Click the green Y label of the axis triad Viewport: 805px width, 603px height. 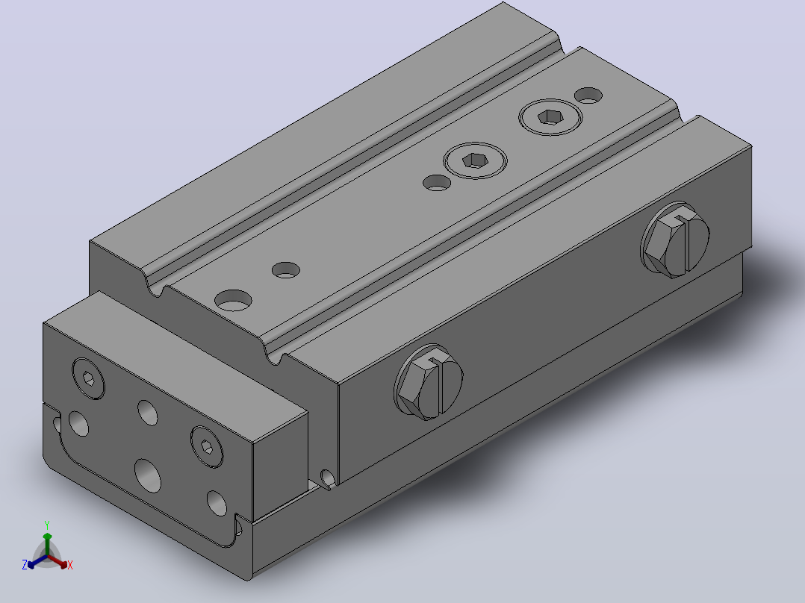(x=47, y=525)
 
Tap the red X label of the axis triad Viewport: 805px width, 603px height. (x=70, y=565)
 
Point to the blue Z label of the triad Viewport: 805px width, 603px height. (x=25, y=565)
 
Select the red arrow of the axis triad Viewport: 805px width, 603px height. (x=57, y=561)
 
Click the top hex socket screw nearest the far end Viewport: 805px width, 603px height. (x=550, y=117)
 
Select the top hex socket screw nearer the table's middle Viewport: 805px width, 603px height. (x=475, y=160)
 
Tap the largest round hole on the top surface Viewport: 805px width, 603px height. (x=233, y=301)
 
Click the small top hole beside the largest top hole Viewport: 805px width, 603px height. (x=286, y=270)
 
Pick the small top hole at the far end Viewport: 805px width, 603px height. (x=588, y=96)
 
